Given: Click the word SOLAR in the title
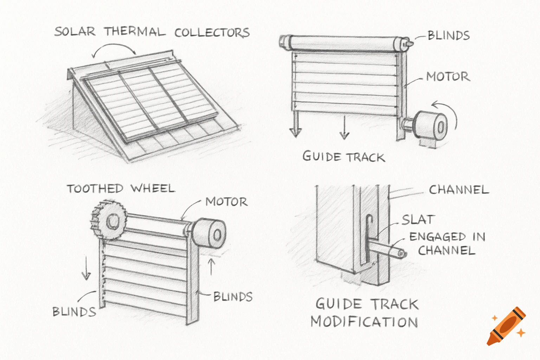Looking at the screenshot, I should coord(75,32).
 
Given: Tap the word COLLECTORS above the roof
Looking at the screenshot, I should coord(212,33).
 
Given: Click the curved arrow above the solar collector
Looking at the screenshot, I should coord(114,49).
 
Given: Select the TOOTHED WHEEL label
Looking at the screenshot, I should coord(121,188).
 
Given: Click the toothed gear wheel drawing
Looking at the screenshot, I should coord(109,220).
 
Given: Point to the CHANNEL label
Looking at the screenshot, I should coord(459,190).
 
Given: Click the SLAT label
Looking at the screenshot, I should coord(418,220).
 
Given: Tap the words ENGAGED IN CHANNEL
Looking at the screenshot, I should coord(447,243).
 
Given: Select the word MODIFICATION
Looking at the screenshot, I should coord(364,322).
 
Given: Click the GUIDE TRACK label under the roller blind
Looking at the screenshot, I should coord(343,156).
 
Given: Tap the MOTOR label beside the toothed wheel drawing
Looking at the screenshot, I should coord(226,202).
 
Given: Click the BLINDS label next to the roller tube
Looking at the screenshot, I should coord(448,36).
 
